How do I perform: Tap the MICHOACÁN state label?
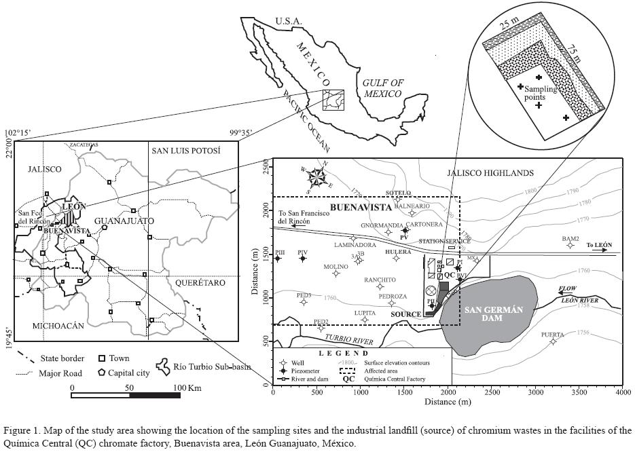[58, 326]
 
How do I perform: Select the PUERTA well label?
[552, 335]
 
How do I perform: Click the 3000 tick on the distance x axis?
[535, 393]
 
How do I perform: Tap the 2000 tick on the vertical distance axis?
[264, 210]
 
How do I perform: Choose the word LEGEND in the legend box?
[346, 353]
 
